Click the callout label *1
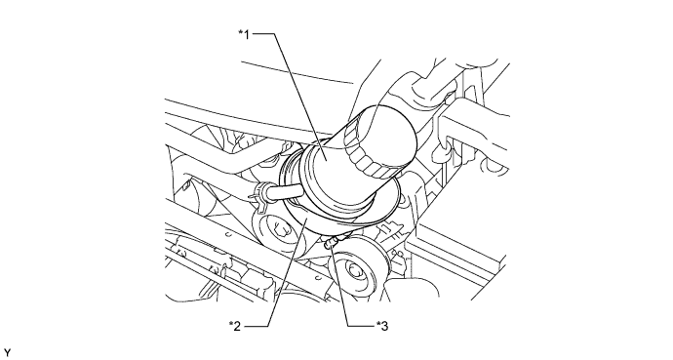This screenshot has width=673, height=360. click(244, 34)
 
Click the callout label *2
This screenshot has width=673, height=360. click(235, 326)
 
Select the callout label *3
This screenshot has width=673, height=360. click(382, 326)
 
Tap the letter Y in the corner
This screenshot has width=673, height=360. click(7, 353)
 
